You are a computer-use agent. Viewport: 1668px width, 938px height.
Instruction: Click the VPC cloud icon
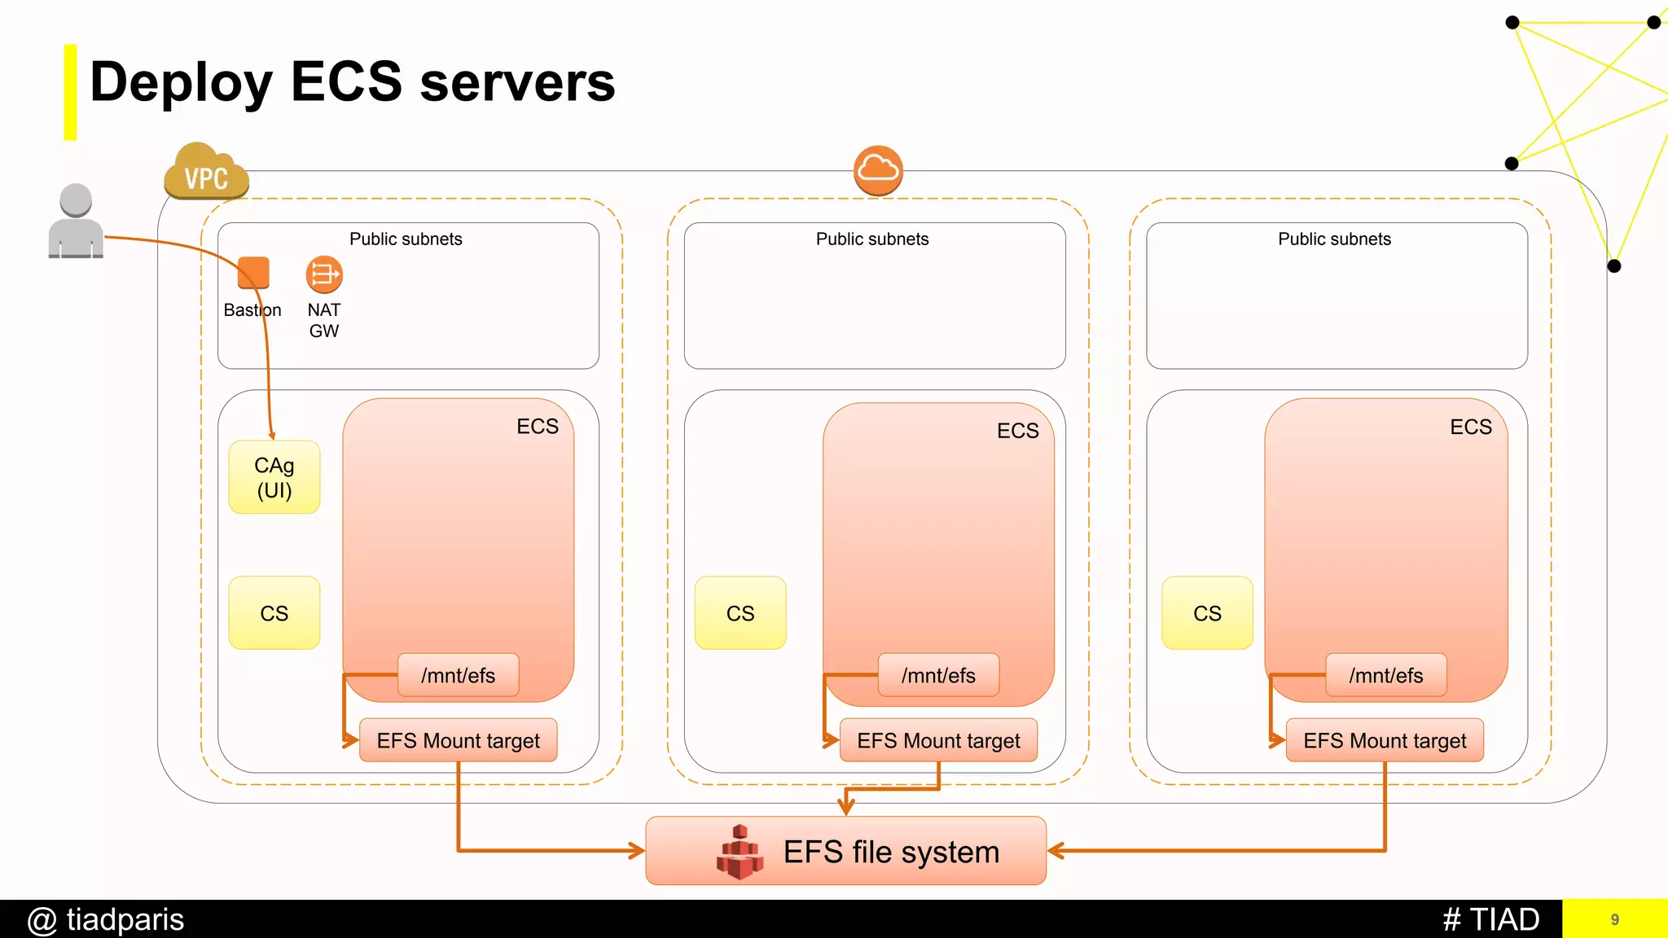[206, 173]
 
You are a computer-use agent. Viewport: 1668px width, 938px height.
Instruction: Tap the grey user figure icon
[76, 221]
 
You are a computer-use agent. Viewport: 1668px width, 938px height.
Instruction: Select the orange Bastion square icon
[253, 273]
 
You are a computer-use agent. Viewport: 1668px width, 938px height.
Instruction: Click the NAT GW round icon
[324, 274]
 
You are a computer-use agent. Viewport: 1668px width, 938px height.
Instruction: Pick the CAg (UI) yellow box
[274, 477]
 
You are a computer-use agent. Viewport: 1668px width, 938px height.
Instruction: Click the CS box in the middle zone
[740, 613]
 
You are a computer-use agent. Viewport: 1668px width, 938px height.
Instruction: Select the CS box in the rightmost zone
[1207, 613]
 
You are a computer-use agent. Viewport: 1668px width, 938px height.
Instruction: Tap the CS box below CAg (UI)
[274, 613]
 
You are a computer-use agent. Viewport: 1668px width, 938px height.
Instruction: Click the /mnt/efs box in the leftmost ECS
[459, 675]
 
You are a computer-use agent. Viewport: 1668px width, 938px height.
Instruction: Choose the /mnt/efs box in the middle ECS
[938, 675]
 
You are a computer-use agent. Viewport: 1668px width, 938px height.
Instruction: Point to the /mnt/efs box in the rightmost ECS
[1386, 675]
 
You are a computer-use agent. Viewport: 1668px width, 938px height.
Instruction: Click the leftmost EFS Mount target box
[459, 740]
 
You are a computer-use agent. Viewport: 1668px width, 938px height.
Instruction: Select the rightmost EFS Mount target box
[1385, 740]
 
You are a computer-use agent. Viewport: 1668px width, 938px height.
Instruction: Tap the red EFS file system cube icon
[740, 852]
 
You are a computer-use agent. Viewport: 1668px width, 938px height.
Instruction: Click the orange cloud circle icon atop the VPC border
[878, 170]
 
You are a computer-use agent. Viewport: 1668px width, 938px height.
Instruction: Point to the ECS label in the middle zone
[1017, 431]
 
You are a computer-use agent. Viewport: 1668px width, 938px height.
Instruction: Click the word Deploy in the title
[181, 83]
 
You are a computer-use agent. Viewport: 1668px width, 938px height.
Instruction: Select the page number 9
[1614, 920]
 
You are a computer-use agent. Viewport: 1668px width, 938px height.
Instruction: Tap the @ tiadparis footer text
[106, 920]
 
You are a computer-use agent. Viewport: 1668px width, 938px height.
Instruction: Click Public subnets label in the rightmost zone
[1334, 239]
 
